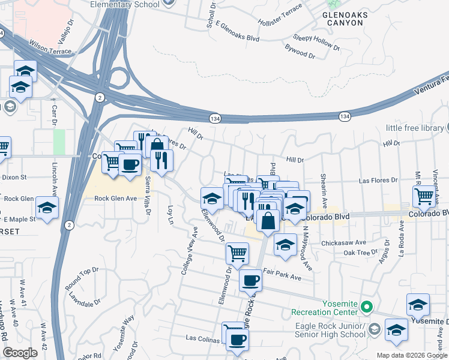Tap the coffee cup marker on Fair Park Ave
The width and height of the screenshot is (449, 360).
(250, 280)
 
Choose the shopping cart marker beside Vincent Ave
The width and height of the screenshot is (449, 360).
(424, 195)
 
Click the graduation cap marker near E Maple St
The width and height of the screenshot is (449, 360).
(47, 208)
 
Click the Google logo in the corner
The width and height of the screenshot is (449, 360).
(20, 353)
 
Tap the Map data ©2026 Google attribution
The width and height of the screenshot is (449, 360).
(411, 355)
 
